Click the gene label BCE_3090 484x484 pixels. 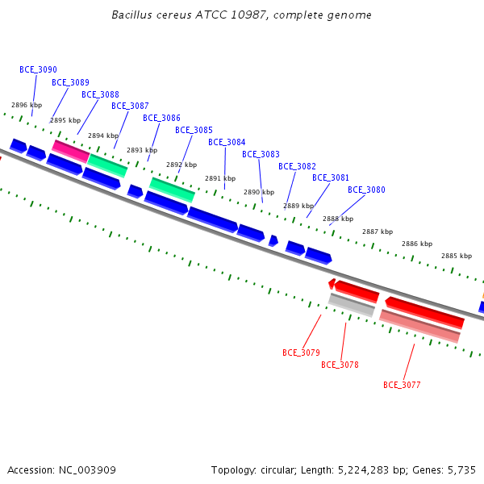pos(38,69)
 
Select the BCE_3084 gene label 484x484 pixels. pos(227,142)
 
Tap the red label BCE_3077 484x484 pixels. pos(402,385)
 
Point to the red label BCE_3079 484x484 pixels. pos(301,353)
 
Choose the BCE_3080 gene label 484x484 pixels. pos(366,190)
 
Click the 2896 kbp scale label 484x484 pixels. pos(27,105)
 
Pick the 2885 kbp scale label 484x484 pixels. pos(457,256)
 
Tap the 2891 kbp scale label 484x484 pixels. pos(220,178)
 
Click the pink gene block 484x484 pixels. pos(71,152)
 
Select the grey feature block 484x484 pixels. pos(352,305)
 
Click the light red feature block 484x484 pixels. pos(419,326)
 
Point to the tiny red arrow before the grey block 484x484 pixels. pos(332,283)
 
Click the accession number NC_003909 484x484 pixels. pos(87,470)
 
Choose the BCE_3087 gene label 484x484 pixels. pos(130,106)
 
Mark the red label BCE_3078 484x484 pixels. pos(340,365)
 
